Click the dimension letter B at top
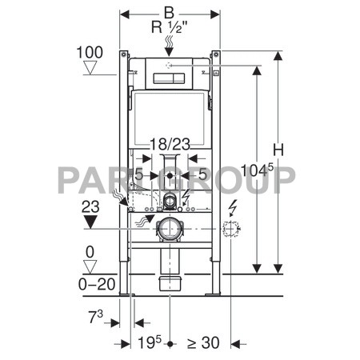168,11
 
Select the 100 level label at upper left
90,53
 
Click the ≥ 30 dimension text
203,342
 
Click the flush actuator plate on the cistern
169,79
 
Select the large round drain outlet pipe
170,230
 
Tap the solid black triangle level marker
90,220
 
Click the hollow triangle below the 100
90,69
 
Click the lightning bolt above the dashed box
232,208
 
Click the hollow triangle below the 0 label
90,265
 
